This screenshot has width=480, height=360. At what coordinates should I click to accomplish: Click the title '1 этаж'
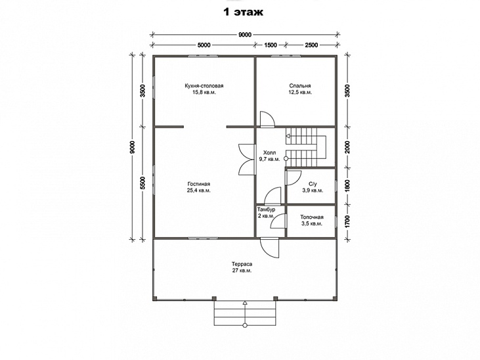pos(244,12)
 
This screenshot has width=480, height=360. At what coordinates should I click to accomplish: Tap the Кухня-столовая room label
pos(204,86)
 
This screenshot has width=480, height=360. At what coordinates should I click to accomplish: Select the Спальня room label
pos(300,86)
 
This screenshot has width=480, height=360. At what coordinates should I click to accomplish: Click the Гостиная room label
pos(199,184)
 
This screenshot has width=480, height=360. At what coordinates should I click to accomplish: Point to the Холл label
pos(269,152)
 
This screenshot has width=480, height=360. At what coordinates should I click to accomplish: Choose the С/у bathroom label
pos(313,184)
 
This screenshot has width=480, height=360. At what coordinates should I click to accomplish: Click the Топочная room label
pos(312,217)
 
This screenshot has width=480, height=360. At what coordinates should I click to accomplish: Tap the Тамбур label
pos(266,210)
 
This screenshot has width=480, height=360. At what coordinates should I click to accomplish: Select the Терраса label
pos(242,264)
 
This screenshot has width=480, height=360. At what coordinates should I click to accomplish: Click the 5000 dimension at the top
pos(204,45)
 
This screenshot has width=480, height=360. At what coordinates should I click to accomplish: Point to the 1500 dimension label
pos(271,45)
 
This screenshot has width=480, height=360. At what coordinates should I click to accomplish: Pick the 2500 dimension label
pos(311,45)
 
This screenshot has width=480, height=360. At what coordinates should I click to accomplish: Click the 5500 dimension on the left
pos(142,183)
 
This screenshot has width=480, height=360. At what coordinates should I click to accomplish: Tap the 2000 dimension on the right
pos(347,147)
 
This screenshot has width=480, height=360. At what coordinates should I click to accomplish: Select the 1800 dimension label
pos(347,186)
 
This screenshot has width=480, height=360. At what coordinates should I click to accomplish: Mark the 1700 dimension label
pos(347,221)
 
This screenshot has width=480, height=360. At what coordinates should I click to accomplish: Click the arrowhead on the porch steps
pos(244,303)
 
